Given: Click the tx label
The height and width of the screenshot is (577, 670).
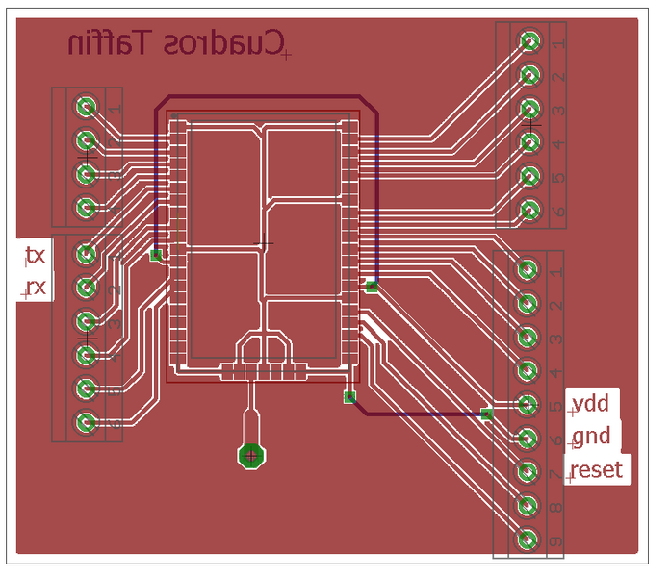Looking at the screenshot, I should coord(35,255).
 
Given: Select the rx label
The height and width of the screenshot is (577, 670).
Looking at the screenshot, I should coord(35,287).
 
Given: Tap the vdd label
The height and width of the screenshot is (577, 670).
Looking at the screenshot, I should coord(589,401).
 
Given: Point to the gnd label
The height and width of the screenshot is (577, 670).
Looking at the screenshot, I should coord(590,437).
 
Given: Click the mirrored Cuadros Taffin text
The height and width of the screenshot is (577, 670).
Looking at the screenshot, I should coord(177,43).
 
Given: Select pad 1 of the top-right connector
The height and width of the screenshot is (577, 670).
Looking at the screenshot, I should coord(528,40).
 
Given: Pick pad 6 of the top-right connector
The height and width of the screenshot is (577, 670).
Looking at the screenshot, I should coord(528,209).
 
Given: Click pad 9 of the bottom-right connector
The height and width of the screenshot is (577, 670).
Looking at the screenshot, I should coord(527,539).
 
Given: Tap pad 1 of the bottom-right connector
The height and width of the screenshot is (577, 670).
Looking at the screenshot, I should coord(527,270).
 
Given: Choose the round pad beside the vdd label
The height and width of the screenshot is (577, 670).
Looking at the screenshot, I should coord(527,405).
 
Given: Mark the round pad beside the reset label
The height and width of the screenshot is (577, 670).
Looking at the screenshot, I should coord(527,472).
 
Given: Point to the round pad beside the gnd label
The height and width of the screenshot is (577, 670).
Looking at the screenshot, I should coord(527,439).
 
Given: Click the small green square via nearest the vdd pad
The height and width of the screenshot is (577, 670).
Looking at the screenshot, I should coord(486,414).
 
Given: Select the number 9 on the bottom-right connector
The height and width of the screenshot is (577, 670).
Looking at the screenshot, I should coord(555,542).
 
